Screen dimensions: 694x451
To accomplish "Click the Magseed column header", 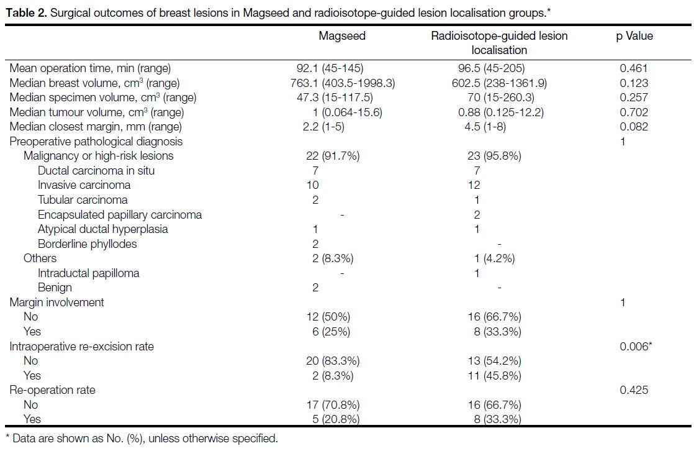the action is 342,36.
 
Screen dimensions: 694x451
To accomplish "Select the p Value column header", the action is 634,36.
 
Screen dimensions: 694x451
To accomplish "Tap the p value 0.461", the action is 633,68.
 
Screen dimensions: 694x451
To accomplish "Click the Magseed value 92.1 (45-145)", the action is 330,68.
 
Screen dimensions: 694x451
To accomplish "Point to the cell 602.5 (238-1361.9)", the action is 499,83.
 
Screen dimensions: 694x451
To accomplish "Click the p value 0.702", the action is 633,112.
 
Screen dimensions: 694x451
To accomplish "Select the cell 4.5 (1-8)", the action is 485,127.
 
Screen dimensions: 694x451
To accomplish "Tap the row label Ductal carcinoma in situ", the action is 96,171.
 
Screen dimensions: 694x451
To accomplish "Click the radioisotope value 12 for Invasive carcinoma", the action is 474,185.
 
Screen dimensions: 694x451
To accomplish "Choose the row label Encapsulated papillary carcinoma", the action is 120,215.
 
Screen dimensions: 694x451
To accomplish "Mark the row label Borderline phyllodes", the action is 87,244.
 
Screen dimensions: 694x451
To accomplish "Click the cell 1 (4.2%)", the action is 494,258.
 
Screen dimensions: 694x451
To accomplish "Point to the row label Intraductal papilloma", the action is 89,273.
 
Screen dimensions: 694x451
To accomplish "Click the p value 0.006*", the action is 636,347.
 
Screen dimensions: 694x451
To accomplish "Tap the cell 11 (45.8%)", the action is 494,376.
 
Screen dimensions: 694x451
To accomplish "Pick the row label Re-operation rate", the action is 52,390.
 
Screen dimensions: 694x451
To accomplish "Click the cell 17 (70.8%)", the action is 333,405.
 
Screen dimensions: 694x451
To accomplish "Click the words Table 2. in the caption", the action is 26,13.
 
